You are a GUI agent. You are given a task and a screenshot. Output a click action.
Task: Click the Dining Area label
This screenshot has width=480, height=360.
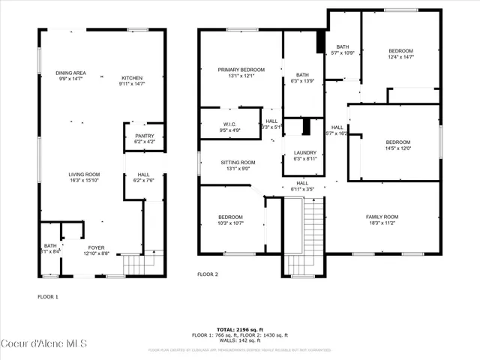coord(71,73)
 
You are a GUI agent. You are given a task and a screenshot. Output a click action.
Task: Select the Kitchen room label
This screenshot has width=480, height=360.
coord(132,78)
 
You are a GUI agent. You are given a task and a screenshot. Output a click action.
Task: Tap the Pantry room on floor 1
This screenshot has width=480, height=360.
coord(144,136)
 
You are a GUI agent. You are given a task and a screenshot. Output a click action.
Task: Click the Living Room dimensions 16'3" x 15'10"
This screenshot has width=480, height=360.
coord(84,180)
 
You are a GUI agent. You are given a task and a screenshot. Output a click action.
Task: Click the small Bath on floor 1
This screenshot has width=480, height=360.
coord(50,248)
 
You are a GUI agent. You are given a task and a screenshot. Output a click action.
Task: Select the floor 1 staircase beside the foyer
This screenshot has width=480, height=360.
coord(133,265)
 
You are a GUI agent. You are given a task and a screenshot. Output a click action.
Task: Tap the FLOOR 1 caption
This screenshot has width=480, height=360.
coord(48,297)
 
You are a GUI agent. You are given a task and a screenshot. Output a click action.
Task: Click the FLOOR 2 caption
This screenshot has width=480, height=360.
coord(207,274)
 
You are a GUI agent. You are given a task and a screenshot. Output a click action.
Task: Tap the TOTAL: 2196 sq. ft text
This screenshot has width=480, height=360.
coord(240,329)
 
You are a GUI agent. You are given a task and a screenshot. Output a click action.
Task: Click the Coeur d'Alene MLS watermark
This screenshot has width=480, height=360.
coord(45,344)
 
